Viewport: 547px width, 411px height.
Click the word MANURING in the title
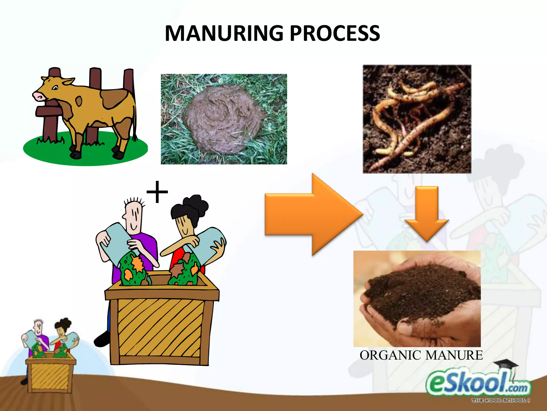point(224,33)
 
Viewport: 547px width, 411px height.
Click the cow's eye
point(55,88)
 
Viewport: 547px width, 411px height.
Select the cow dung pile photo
point(224,119)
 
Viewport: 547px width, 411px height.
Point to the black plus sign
point(157,192)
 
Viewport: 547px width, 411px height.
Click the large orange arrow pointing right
point(312,214)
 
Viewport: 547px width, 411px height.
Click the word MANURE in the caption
point(454,356)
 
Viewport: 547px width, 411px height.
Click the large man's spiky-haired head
point(134,214)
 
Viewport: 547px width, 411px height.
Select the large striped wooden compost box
point(160,329)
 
